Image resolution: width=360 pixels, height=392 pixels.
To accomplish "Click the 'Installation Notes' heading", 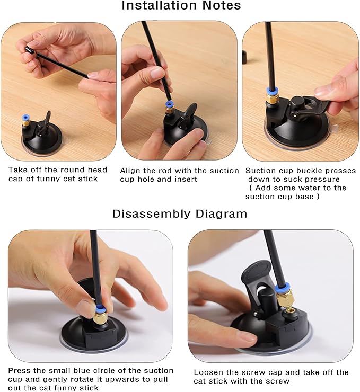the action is coord(181,5).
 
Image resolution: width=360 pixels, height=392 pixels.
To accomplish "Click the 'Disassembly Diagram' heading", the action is coord(180,214).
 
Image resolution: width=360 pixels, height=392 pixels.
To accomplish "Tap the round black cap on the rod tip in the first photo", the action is coord(29,50).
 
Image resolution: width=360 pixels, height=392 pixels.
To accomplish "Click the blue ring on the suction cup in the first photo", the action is coord(25,117).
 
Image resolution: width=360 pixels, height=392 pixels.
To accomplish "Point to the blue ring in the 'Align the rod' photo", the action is coord(170,103).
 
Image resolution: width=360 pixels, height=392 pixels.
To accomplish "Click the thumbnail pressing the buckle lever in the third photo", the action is coord(322,91).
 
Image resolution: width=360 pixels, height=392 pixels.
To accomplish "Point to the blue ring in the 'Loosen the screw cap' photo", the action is coord(283,288).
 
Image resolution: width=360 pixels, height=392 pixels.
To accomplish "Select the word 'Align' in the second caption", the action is coord(130,171).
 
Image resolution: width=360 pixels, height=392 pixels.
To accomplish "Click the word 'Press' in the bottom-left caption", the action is coord(19,370).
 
